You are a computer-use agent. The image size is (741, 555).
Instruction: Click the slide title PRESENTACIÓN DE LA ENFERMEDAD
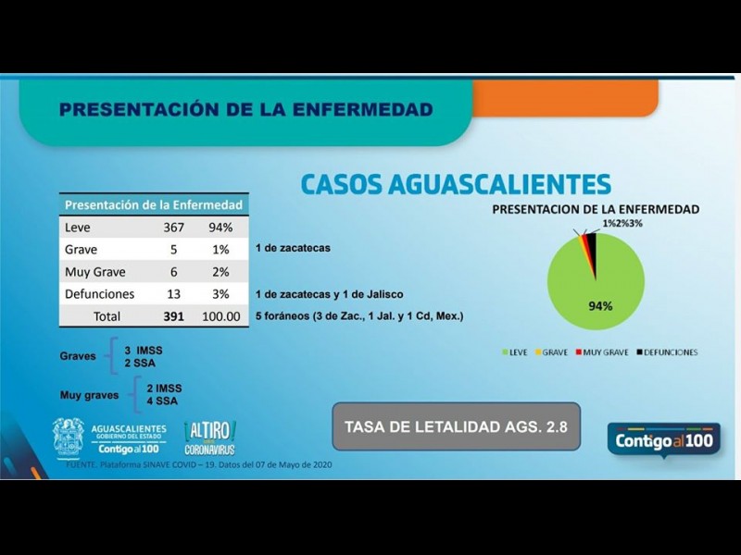[245, 110]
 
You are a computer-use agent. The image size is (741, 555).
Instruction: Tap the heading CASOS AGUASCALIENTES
[455, 183]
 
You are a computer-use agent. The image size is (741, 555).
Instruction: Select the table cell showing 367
[173, 228]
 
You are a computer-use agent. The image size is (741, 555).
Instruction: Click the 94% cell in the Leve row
[220, 228]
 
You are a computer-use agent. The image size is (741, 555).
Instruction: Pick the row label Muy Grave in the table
[96, 272]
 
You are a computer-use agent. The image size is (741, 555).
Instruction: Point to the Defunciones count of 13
[173, 294]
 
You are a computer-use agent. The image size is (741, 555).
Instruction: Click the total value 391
[173, 316]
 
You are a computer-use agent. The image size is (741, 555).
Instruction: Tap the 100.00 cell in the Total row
[220, 316]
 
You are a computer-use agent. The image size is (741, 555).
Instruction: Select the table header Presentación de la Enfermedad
[154, 204]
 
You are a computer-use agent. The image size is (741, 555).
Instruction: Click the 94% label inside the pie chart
[600, 306]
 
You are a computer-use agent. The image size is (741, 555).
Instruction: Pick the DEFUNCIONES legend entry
[666, 352]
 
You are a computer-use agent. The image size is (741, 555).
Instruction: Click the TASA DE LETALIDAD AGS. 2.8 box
[456, 426]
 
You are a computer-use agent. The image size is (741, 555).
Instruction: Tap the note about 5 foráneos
[359, 316]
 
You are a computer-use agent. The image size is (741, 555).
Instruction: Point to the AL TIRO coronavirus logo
[209, 437]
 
